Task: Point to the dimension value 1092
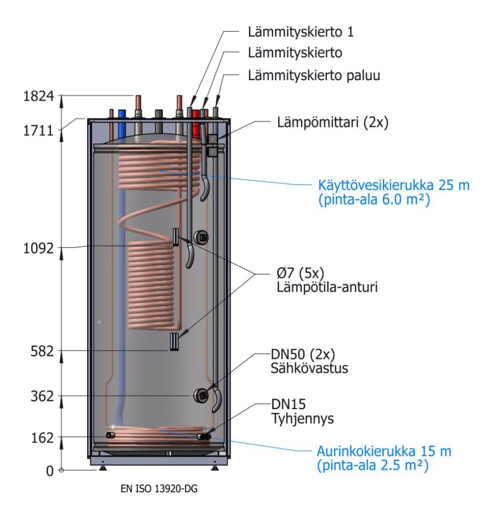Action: [38, 248]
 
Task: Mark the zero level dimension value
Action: [49, 471]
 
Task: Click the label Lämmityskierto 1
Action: [301, 32]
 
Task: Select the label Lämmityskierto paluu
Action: [314, 76]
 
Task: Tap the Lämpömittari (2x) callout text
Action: [333, 122]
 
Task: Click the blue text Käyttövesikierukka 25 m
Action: [394, 185]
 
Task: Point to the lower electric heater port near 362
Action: [201, 396]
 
